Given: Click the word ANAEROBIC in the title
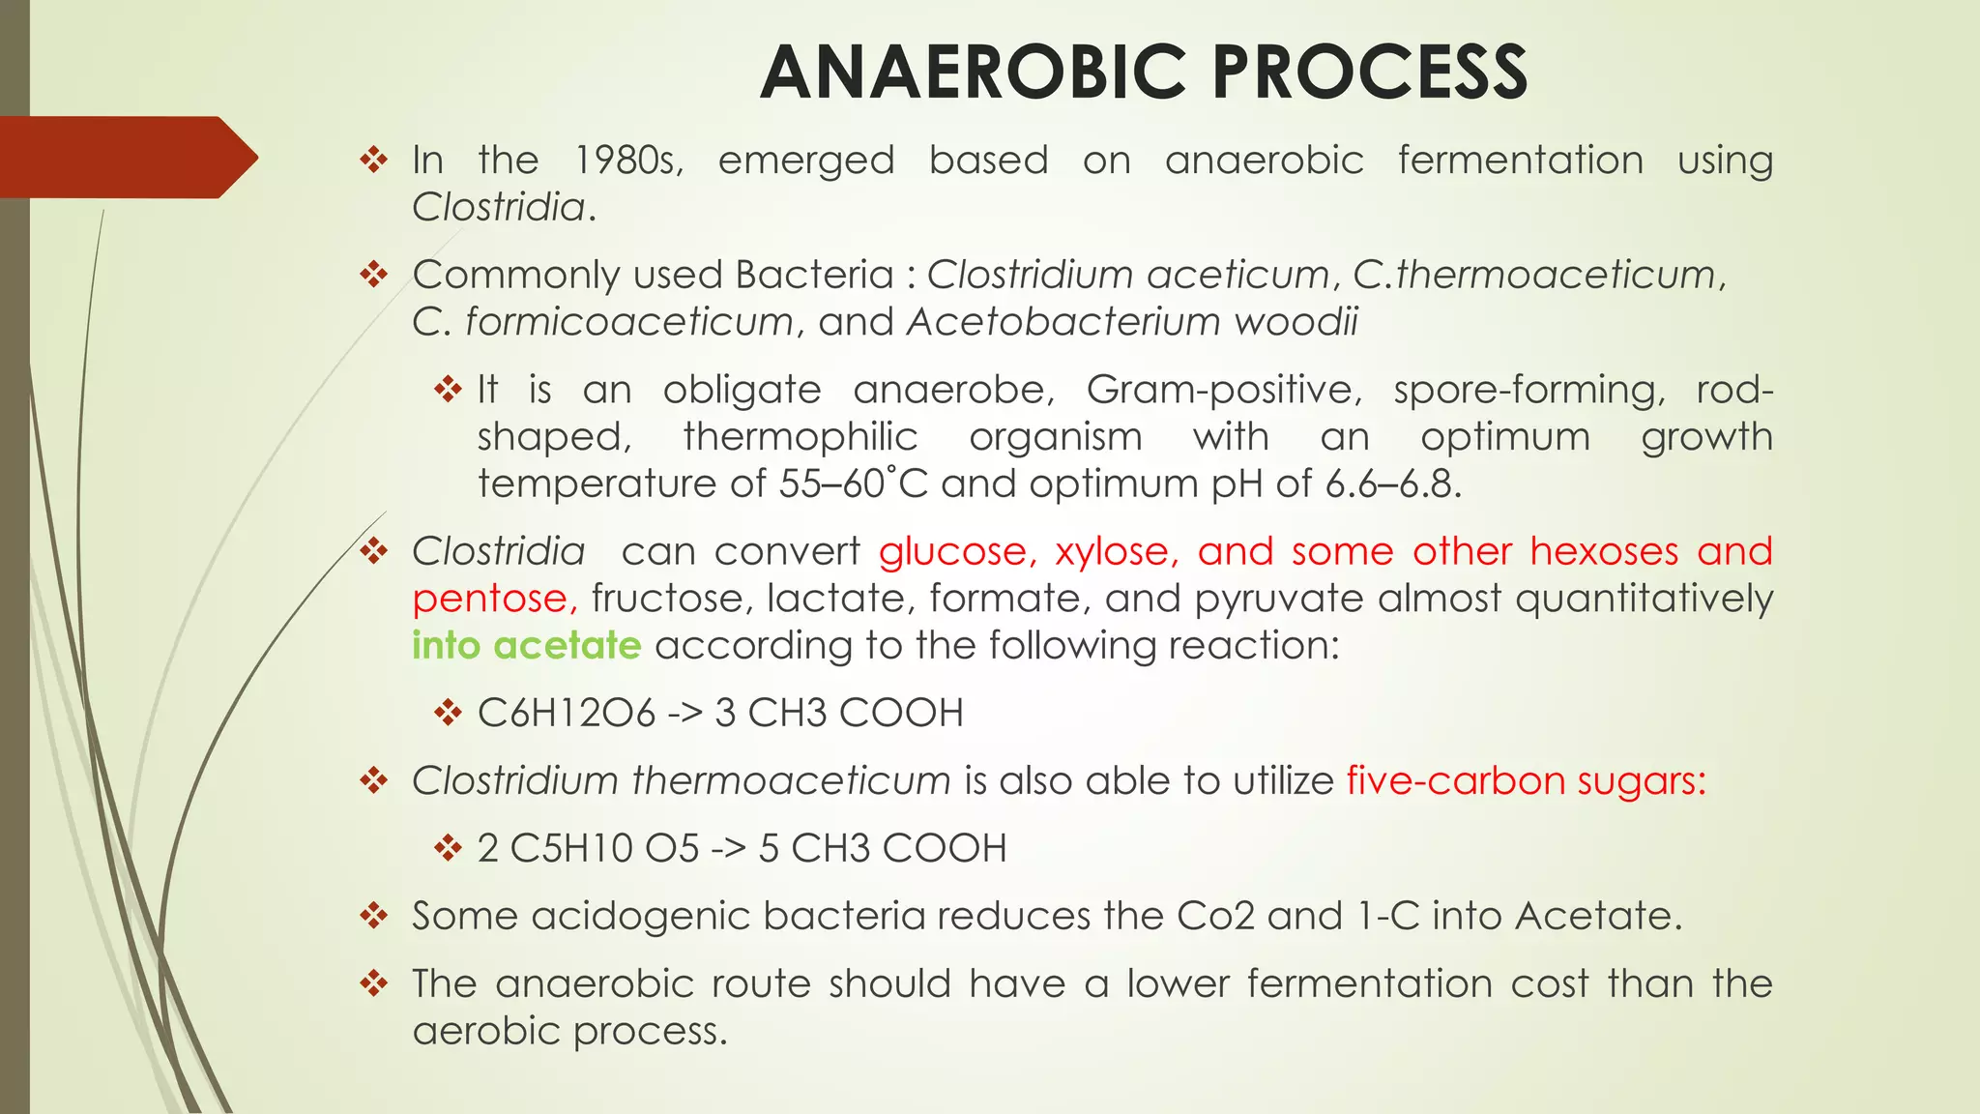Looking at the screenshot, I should tap(975, 73).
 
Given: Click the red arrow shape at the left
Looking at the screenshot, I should tap(126, 158).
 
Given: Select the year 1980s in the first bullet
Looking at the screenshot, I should tap(628, 161).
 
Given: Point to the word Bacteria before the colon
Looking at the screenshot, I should tap(814, 275).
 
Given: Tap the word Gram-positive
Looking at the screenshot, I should tap(1224, 390).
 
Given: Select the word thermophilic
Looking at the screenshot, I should tap(800, 437).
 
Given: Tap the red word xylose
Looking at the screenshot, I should tap(1116, 552).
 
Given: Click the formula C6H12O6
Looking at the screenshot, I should tap(567, 714).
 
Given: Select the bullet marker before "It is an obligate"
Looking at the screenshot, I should tap(448, 391).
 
